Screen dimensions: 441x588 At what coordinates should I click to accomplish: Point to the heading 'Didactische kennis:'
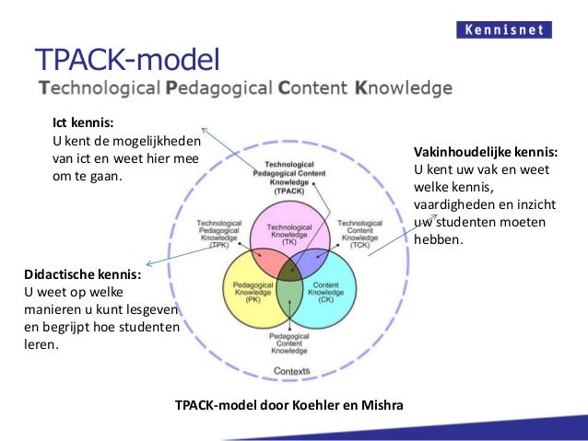coord(82,274)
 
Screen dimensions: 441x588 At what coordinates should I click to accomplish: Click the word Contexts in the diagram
coord(290,371)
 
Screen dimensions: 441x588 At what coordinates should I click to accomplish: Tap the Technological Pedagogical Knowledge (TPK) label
coord(219,234)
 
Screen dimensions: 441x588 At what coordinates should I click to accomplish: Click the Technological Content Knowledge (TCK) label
coord(359,234)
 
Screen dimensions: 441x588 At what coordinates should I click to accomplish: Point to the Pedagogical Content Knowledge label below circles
coord(289,343)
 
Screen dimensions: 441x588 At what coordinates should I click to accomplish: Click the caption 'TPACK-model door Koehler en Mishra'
coord(288,403)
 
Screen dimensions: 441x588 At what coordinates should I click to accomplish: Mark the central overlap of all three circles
coord(289,269)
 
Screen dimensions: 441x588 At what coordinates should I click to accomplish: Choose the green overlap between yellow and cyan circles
coord(289,299)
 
